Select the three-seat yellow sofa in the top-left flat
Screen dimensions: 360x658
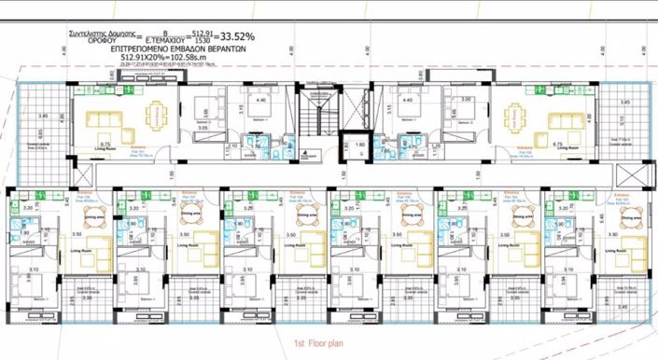pyautogui.click(x=98, y=122)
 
